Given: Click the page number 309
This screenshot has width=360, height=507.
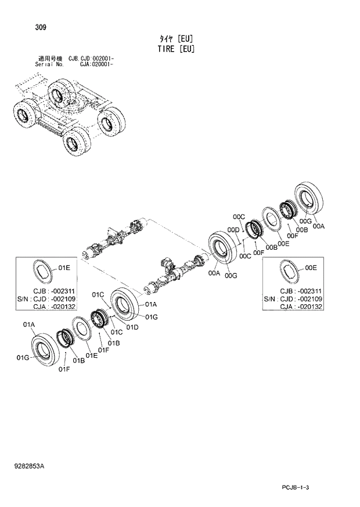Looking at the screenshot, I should (24, 27).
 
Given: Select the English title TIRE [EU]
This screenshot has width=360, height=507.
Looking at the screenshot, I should (175, 49).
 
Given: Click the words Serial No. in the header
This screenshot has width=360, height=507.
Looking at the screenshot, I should (48, 65).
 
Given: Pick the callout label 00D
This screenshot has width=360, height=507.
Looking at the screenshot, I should (234, 230).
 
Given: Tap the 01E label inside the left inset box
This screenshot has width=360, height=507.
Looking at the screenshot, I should (64, 268).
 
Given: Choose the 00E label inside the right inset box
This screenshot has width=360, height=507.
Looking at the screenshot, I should (311, 268).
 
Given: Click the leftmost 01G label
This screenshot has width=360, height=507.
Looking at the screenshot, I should (23, 358).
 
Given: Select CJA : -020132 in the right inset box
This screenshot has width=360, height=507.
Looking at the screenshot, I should (301, 307).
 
